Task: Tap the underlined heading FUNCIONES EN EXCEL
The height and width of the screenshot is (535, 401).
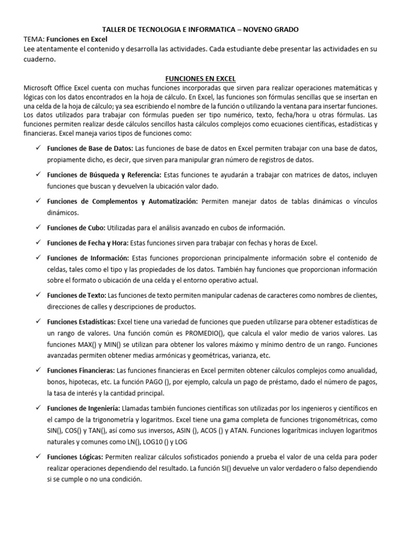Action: point(200,78)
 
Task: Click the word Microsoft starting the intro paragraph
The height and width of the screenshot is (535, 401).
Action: point(40,87)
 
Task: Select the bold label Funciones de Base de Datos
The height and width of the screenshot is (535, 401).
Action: point(90,149)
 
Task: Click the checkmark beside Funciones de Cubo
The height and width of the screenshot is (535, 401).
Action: point(39,227)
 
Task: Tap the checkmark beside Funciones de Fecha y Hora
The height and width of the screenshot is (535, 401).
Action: point(39,242)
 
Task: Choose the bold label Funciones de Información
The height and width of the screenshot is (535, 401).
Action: point(88,258)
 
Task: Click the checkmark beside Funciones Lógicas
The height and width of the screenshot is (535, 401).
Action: point(39,457)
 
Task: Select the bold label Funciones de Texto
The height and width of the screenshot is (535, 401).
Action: point(76,295)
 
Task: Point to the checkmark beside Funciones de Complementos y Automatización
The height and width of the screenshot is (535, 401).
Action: point(39,201)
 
